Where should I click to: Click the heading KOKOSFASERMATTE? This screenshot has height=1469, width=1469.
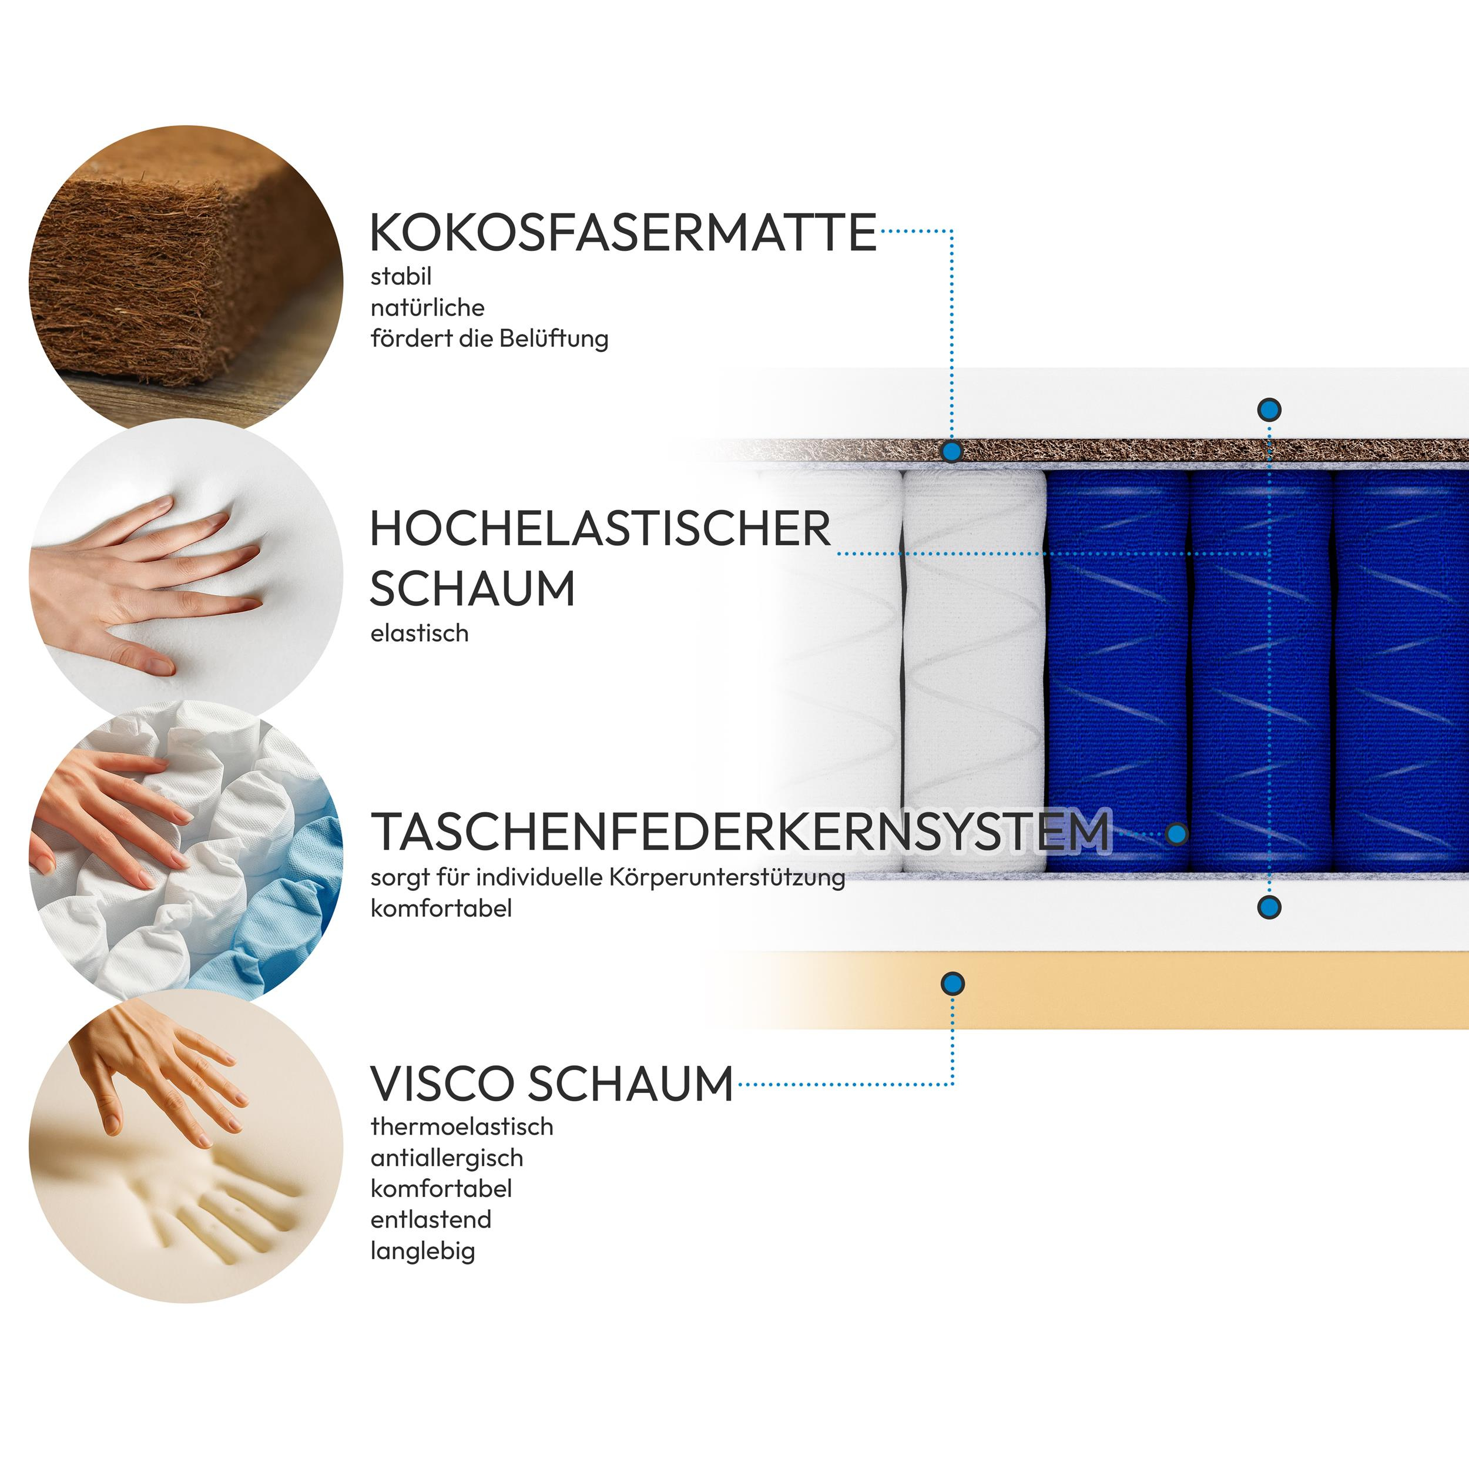623,232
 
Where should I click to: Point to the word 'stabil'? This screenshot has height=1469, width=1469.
401,276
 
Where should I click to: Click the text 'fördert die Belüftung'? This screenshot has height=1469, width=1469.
489,338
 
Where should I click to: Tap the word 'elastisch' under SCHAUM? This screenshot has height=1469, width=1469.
420,633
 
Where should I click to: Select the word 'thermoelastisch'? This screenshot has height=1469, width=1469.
461,1126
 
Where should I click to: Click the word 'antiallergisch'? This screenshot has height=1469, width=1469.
447,1158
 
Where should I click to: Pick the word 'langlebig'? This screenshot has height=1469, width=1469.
422,1251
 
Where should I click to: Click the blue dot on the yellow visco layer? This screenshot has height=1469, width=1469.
952,984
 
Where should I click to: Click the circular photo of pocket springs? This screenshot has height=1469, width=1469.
186,851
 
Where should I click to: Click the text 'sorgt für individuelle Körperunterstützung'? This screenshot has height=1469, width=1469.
608,877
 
